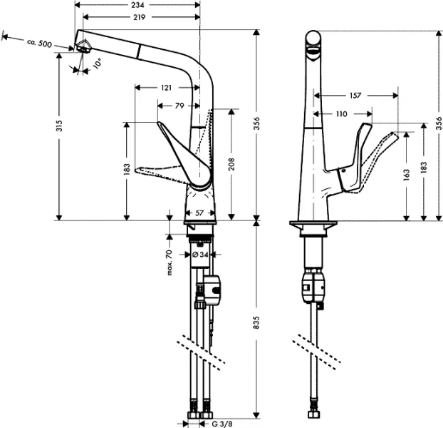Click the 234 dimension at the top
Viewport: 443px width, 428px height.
coord(138,5)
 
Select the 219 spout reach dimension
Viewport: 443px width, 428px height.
coord(138,16)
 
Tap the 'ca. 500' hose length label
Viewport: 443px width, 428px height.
coord(39,44)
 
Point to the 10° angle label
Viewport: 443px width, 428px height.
coord(96,62)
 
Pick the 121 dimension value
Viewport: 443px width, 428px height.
coord(165,88)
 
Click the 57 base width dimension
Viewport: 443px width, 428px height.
coord(200,213)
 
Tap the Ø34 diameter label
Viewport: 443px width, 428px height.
coord(200,254)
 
